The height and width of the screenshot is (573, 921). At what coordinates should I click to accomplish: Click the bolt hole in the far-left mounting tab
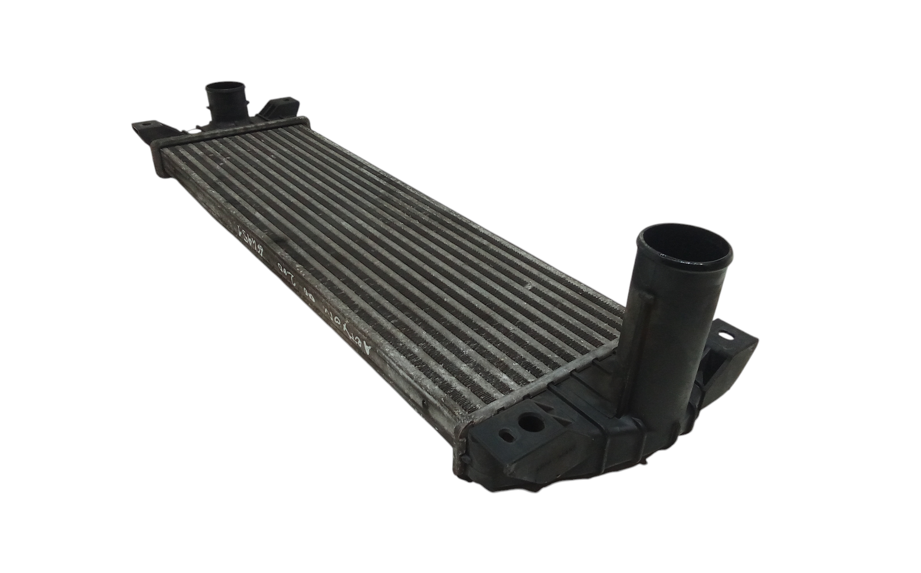click(x=146, y=123)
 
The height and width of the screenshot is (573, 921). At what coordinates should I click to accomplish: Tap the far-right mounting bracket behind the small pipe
click(x=279, y=108)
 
